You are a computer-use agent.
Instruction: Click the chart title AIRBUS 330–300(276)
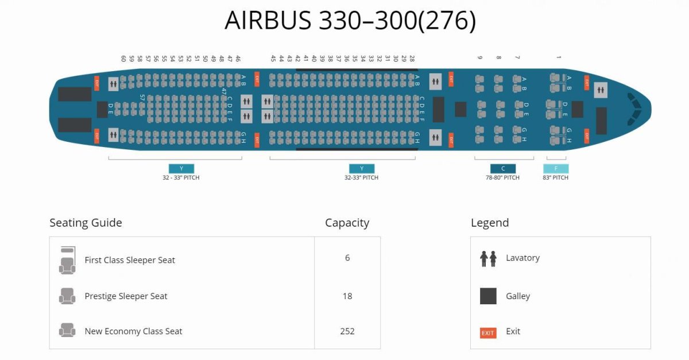point(350,21)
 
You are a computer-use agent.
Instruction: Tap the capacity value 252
point(347,331)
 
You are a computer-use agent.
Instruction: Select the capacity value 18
point(347,296)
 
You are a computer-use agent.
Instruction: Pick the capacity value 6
point(347,258)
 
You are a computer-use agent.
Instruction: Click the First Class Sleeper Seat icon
point(67,261)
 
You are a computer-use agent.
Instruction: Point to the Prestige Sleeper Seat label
point(126,296)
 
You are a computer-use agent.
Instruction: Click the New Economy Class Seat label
point(133,331)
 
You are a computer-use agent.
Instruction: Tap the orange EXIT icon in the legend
point(488,332)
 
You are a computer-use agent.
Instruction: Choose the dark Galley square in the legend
point(488,296)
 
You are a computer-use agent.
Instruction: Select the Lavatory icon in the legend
point(488,258)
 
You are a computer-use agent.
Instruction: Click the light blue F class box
point(556,169)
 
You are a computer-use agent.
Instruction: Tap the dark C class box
point(503,169)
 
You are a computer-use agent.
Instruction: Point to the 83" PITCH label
point(556,178)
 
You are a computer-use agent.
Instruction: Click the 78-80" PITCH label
point(502,178)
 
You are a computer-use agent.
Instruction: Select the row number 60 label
point(123,59)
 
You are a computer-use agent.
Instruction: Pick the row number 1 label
point(558,57)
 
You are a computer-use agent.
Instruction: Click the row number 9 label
point(480,57)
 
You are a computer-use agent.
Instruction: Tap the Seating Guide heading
point(86,223)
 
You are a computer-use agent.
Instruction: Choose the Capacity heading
point(347,223)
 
